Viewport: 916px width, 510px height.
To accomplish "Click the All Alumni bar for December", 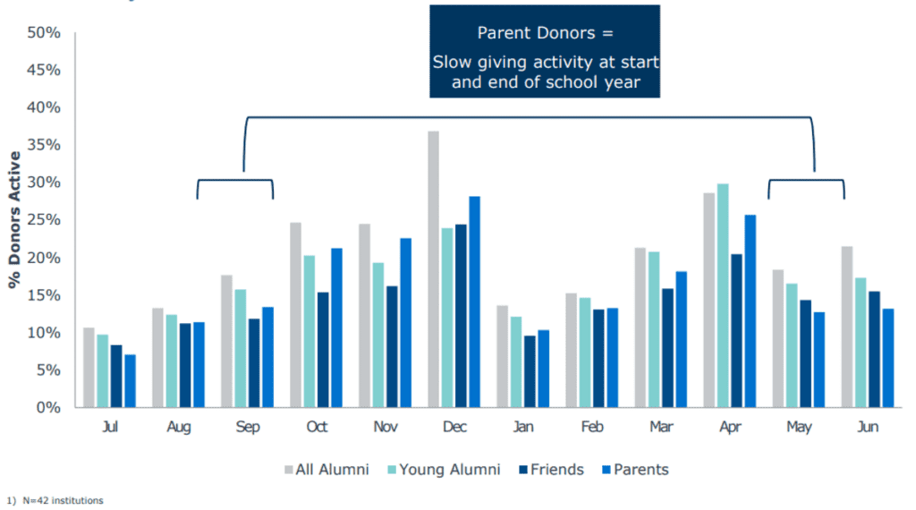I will click(x=433, y=269).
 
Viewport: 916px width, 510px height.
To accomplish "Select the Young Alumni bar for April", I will click(x=723, y=295).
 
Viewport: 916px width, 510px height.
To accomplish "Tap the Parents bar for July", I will click(x=131, y=381).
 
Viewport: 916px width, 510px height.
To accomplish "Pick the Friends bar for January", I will click(x=530, y=371).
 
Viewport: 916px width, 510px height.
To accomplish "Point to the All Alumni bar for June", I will click(x=846, y=327).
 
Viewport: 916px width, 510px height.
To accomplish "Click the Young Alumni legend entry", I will click(x=447, y=470).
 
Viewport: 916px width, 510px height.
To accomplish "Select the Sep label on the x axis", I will click(x=248, y=428).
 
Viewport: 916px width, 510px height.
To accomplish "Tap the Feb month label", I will click(x=592, y=428).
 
